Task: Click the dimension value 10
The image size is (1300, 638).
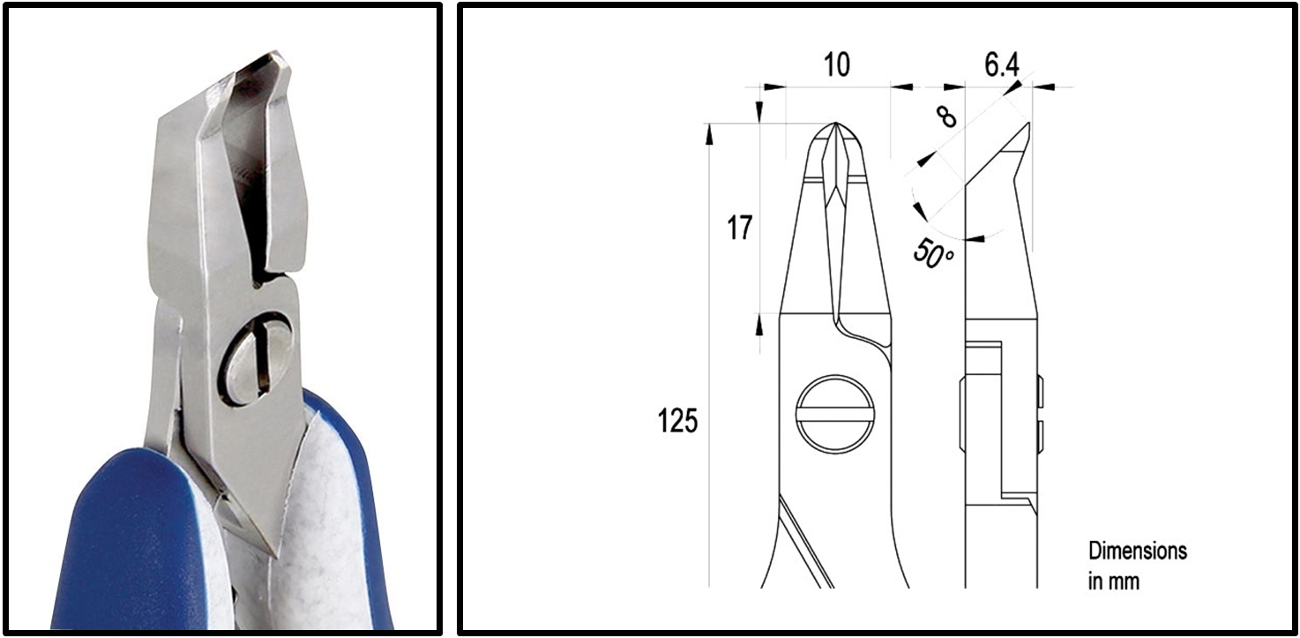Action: click(837, 64)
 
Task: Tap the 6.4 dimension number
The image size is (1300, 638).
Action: click(1002, 64)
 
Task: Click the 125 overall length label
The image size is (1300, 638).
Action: click(677, 420)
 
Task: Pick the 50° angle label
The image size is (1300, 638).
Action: click(932, 254)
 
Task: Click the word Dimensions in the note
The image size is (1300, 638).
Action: click(1138, 551)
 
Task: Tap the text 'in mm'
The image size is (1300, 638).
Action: click(1114, 582)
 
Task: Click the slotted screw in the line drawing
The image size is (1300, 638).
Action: click(834, 414)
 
